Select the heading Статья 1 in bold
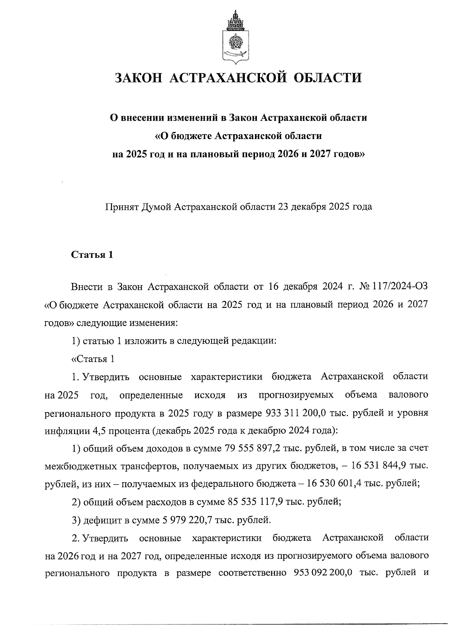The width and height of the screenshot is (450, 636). click(92, 256)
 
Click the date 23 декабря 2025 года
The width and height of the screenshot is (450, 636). click(325, 207)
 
